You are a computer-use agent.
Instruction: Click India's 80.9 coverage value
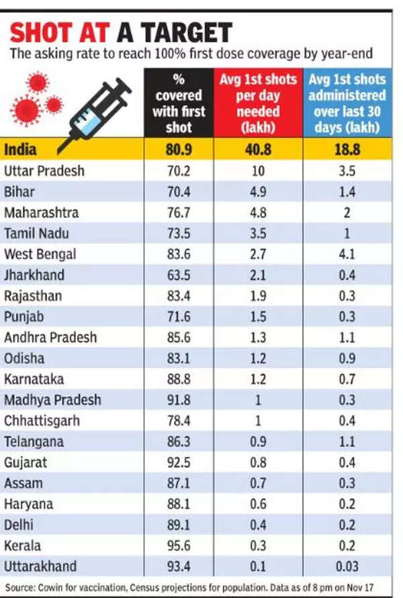(178, 149)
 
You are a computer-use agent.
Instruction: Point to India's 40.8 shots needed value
(259, 149)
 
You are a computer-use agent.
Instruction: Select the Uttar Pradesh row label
(44, 171)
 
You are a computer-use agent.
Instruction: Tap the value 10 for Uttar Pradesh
(259, 171)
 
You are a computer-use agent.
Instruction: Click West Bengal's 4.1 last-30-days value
(347, 254)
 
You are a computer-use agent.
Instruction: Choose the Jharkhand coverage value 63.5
(178, 275)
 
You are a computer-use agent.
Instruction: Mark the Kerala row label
(22, 546)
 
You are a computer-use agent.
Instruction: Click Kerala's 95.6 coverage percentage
(178, 546)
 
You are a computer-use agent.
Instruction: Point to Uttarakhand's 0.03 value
(347, 566)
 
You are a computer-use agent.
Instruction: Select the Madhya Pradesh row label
(52, 400)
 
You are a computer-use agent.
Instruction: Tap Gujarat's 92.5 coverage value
(178, 463)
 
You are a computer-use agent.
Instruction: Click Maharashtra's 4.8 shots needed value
(259, 213)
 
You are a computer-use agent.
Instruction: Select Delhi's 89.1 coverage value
(178, 525)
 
